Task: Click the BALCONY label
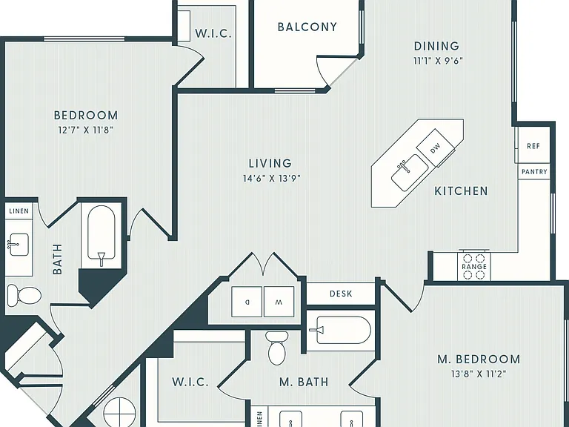pos(307,27)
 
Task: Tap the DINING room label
pos(436,46)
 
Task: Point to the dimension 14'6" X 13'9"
pos(272,178)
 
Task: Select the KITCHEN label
pos(462,191)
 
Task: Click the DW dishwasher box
pos(435,148)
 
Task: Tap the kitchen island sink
pos(410,173)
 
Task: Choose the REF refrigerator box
pos(533,146)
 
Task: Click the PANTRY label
pos(534,171)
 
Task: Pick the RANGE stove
pos(474,267)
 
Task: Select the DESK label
pos(341,294)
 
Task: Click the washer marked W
pos(279,302)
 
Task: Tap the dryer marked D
pos(247,302)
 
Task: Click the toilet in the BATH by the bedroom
pos(24,294)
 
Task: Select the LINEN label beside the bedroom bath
pos(19,211)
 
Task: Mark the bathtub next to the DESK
pos(340,330)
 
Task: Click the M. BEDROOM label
pos(479,359)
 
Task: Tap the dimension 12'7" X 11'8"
pos(86,130)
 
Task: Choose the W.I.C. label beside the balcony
pos(213,33)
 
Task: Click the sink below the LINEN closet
pos(18,245)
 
